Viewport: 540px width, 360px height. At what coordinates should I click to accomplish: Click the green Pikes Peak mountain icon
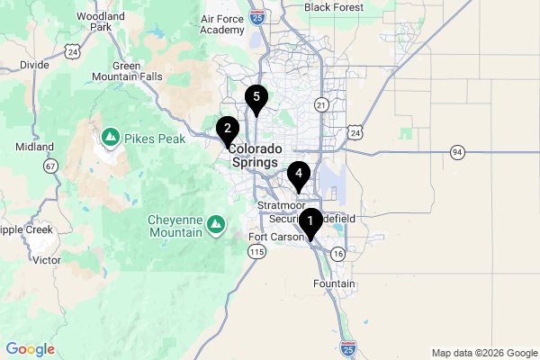pyautogui.click(x=111, y=138)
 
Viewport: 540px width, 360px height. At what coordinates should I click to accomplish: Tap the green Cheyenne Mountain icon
pyautogui.click(x=217, y=221)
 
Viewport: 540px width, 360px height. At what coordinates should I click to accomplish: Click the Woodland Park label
pyautogui.click(x=100, y=22)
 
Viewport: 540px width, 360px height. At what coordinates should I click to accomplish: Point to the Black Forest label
pyautogui.click(x=334, y=7)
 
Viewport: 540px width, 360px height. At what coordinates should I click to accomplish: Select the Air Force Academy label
pyautogui.click(x=221, y=24)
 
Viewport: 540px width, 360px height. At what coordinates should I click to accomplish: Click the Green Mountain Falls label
pyautogui.click(x=138, y=71)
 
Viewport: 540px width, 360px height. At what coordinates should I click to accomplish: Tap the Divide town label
pyautogui.click(x=34, y=65)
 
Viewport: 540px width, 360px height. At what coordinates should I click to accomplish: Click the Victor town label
pyautogui.click(x=46, y=259)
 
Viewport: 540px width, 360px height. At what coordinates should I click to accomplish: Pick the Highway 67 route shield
pyautogui.click(x=50, y=166)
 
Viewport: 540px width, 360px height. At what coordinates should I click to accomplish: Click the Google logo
pyautogui.click(x=30, y=349)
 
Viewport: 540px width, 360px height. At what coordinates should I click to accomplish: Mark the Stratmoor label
pyautogui.click(x=282, y=206)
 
